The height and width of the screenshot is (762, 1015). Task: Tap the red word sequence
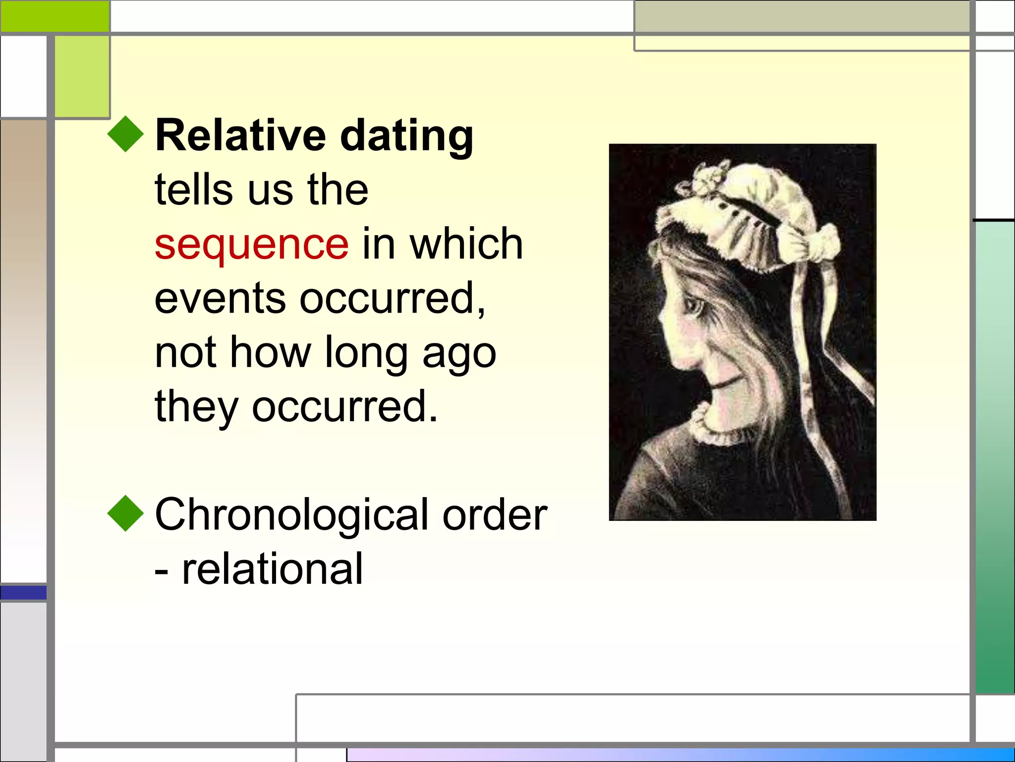[x=251, y=244]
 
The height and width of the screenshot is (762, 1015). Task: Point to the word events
[x=220, y=298]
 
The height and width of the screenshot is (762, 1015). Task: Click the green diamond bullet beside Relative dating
[x=125, y=134]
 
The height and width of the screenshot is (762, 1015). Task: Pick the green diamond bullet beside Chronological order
[x=125, y=513]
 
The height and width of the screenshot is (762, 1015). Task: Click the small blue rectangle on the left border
[x=23, y=592]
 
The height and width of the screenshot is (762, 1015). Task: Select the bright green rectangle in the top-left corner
[x=55, y=16]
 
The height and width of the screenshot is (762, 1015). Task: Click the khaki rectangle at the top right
[x=801, y=16]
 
